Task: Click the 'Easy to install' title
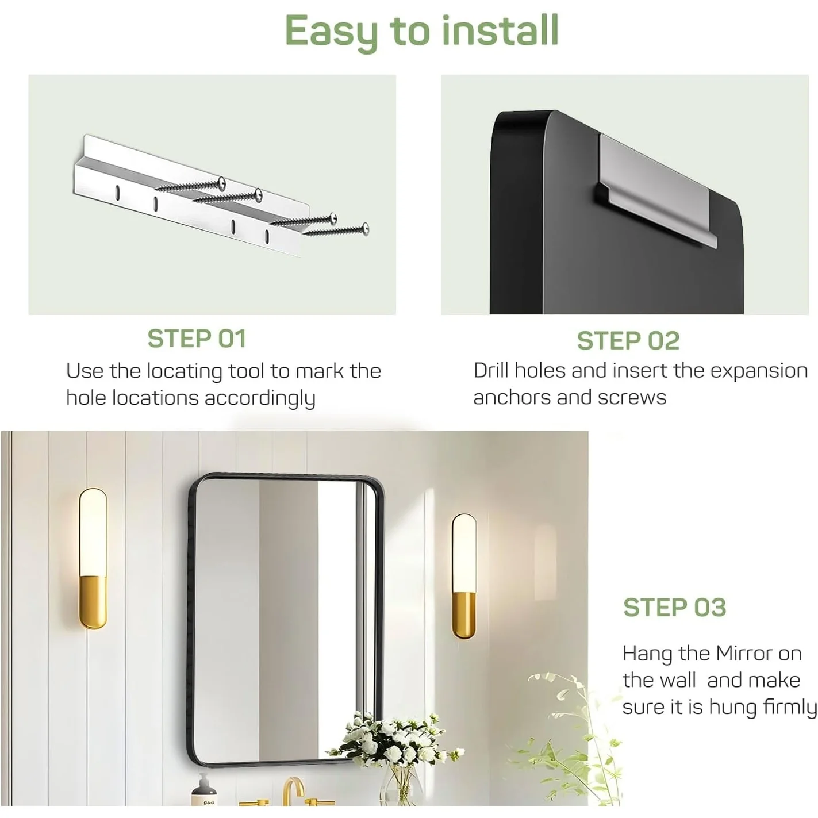421,32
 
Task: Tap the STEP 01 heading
197,339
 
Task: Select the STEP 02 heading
628,341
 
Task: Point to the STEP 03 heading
674,608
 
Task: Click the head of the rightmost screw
365,228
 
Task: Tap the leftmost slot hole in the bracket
118,193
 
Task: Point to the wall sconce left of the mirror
93,559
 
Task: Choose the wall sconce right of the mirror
464,576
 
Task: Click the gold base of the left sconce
93,602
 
